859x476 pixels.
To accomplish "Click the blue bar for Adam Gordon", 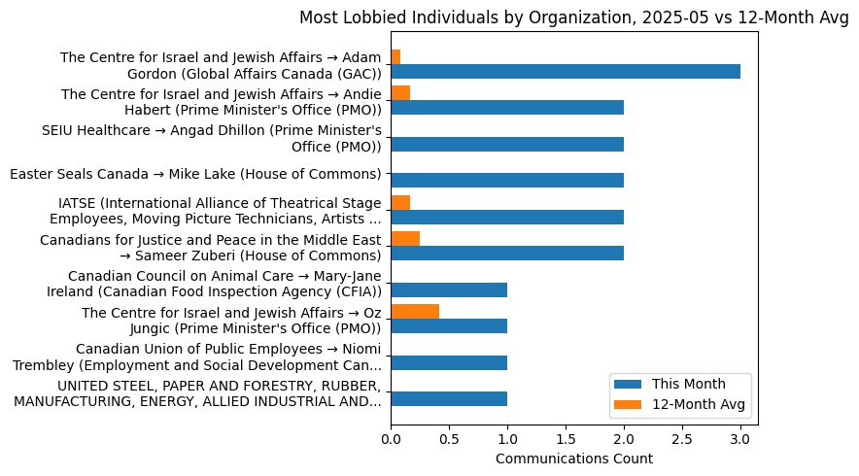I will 566,71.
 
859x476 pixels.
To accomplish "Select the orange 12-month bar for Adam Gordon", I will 395,56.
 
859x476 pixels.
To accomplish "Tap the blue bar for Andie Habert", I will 507,108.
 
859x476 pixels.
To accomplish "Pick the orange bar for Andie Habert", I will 400,93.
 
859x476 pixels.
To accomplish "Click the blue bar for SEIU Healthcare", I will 507,144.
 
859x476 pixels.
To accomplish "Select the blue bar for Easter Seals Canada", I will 507,180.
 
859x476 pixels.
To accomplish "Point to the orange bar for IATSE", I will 400,202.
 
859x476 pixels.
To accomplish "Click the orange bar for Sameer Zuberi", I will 405,239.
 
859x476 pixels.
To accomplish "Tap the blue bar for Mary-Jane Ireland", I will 449,289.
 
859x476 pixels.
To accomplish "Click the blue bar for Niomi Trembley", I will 449,362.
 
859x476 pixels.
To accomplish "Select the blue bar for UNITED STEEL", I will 449,398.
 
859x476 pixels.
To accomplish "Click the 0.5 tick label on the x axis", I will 449,439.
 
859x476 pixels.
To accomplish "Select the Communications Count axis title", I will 573,459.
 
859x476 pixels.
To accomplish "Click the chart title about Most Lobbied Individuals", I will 573,17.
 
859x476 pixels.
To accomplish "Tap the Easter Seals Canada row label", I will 194,174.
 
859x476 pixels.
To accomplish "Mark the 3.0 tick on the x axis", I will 740,439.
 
